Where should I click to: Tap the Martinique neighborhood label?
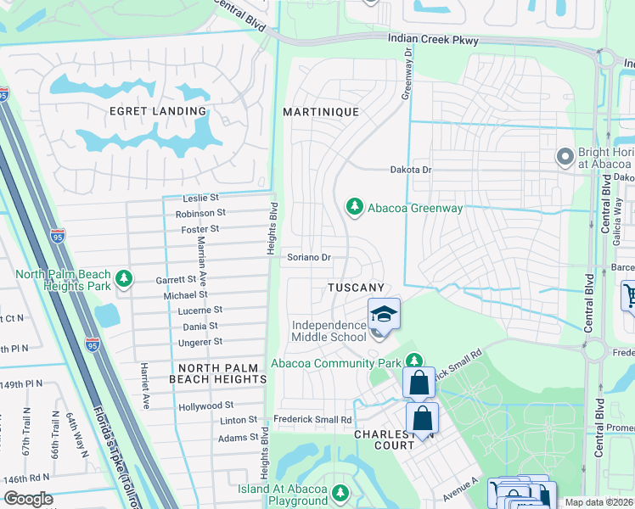point(321,112)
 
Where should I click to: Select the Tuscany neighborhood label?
point(356,288)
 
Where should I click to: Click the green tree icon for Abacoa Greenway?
point(354,207)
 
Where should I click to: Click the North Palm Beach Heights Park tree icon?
point(124,278)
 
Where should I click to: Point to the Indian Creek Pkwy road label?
point(433,40)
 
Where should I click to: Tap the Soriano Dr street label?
point(308,257)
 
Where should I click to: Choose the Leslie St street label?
point(201,198)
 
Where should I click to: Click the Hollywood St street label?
point(205,407)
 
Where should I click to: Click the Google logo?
point(28,499)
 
